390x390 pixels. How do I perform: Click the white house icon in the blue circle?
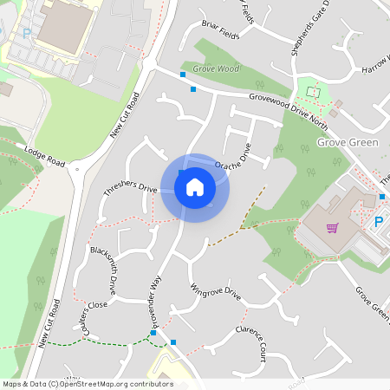(195, 187)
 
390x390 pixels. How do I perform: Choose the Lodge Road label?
(45, 156)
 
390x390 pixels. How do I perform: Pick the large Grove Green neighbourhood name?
(347, 140)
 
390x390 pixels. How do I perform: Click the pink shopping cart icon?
(332, 229)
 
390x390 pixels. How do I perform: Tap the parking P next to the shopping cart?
(378, 223)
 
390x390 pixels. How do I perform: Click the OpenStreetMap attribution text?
(87, 384)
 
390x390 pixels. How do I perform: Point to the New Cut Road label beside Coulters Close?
(49, 323)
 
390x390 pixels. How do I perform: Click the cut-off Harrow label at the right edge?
(376, 66)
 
